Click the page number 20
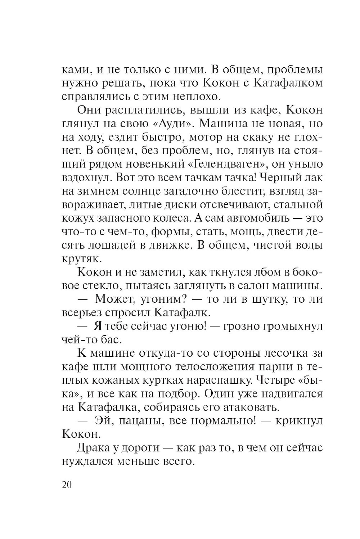(x=67, y=485)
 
